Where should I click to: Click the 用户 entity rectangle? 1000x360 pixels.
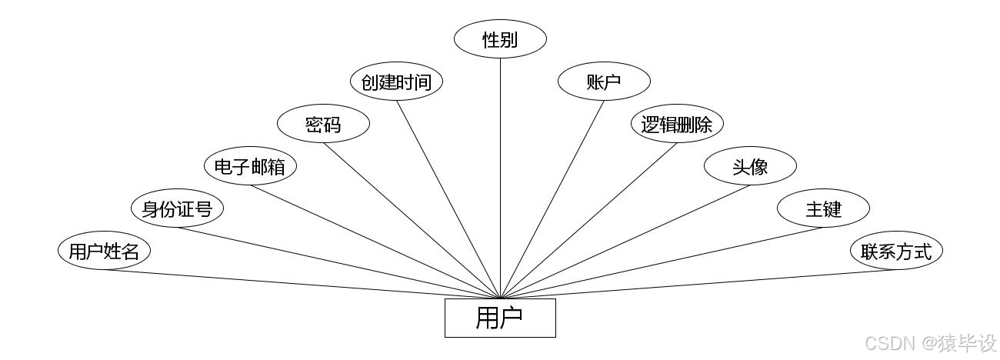point(500,318)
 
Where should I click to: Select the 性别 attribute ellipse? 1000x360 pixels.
point(500,39)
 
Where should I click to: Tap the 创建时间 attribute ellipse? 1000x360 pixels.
point(396,82)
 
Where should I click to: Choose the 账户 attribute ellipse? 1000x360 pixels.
point(604,82)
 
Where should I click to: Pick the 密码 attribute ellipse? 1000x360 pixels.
point(323,124)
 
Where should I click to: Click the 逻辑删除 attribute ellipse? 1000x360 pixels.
point(677,124)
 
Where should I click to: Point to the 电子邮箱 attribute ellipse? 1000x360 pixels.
point(250,166)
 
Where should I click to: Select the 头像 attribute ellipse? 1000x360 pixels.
point(750,166)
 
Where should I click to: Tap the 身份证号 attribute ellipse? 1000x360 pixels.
point(177,208)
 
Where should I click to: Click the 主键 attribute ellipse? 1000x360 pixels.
point(823,208)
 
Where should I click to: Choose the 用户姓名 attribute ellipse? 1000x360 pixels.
point(104,252)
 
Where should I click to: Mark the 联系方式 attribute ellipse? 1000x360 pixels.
point(896,252)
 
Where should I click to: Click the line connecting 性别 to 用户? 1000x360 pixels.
point(500,177)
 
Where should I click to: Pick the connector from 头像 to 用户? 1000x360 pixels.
point(626,241)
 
